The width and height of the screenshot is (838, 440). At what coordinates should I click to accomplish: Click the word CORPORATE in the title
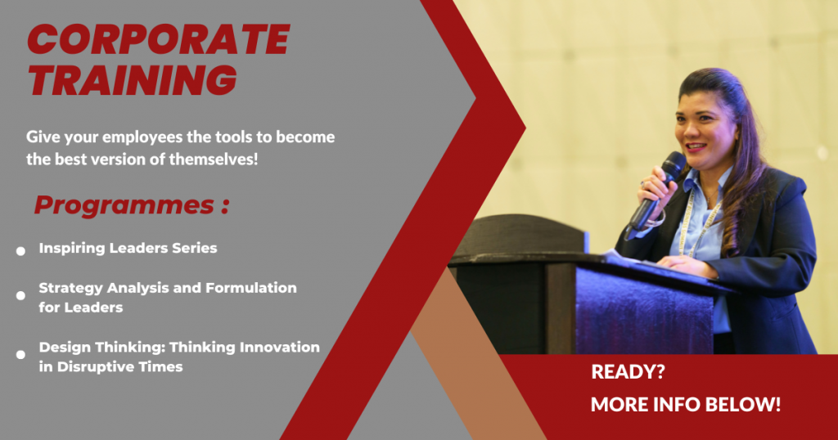159,40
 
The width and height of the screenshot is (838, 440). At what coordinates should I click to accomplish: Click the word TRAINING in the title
133,80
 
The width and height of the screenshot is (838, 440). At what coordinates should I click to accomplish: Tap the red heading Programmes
124,205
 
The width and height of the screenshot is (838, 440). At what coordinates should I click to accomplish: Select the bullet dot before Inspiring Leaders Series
20,251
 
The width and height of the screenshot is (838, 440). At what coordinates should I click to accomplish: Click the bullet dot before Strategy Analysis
20,295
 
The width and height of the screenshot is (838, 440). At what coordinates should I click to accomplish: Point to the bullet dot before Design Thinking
20,355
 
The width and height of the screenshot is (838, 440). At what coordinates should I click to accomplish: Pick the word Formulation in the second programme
251,288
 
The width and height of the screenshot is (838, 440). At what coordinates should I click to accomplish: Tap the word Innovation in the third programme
280,347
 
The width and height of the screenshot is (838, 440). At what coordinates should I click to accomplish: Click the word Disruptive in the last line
91,367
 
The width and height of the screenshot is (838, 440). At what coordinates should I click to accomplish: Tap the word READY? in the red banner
628,371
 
